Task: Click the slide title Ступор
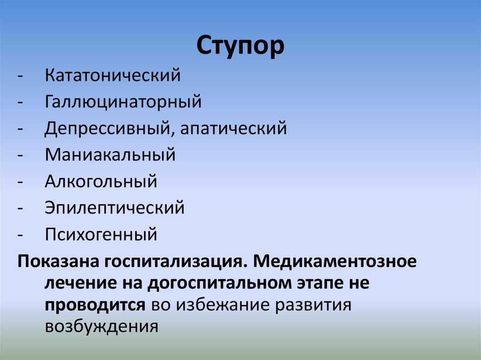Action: (240, 46)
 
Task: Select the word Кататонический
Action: (113, 75)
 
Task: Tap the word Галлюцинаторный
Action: (124, 102)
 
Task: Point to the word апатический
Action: (233, 129)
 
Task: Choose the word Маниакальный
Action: (110, 154)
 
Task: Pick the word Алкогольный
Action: (101, 181)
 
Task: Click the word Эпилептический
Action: (115, 207)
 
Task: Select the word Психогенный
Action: (101, 234)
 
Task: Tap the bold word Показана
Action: (58, 261)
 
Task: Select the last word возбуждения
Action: (101, 327)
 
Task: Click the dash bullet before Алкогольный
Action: (20, 182)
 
